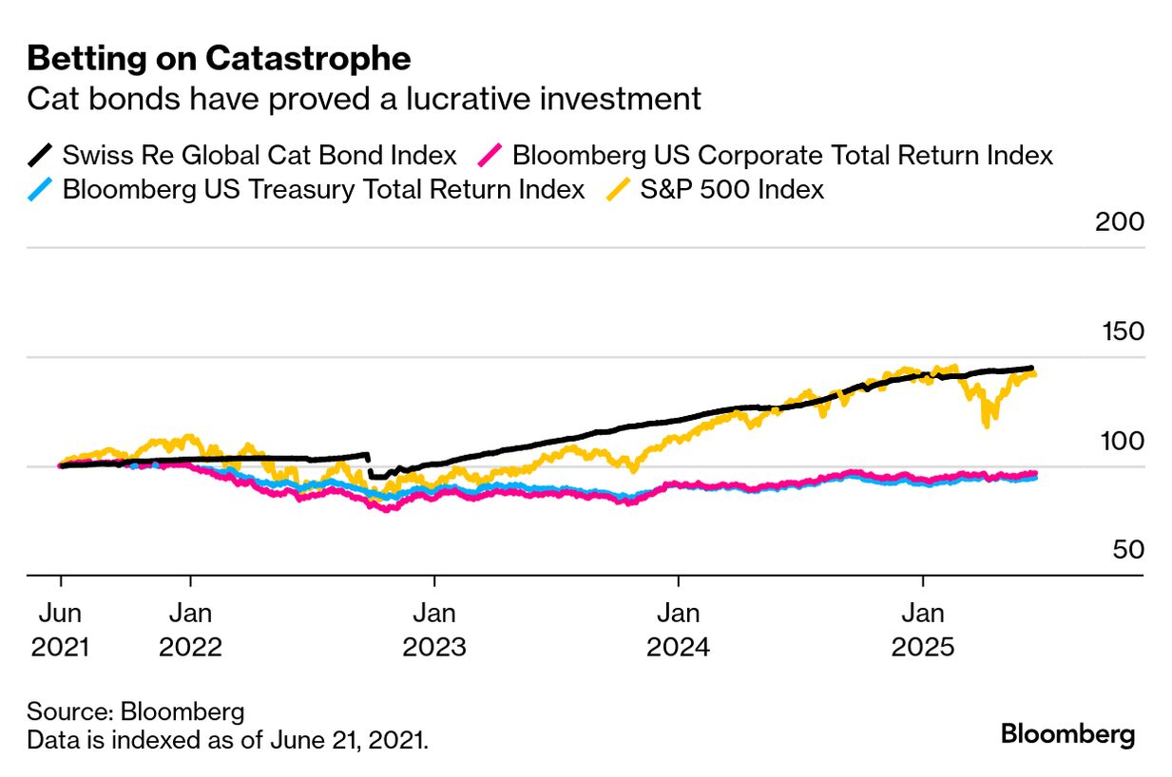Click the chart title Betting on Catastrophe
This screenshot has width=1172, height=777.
pos(219,59)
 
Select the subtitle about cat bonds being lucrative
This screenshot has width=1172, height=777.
pos(364,99)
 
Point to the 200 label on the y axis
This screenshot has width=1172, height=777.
pos(1121,222)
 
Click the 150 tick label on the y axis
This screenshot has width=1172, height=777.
pos(1121,332)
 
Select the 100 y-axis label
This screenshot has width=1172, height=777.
pos(1121,442)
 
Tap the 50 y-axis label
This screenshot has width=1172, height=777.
pos(1127,551)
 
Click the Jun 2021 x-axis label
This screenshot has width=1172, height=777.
pos(61,628)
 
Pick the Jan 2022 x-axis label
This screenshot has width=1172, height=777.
pos(191,628)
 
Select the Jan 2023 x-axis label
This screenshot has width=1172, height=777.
pos(434,628)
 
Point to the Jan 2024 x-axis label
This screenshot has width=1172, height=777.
pos(678,628)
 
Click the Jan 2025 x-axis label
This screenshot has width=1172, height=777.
pos(921,628)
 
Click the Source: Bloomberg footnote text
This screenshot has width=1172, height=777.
pos(136,711)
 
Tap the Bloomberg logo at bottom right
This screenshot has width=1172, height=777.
pos(1068,734)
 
